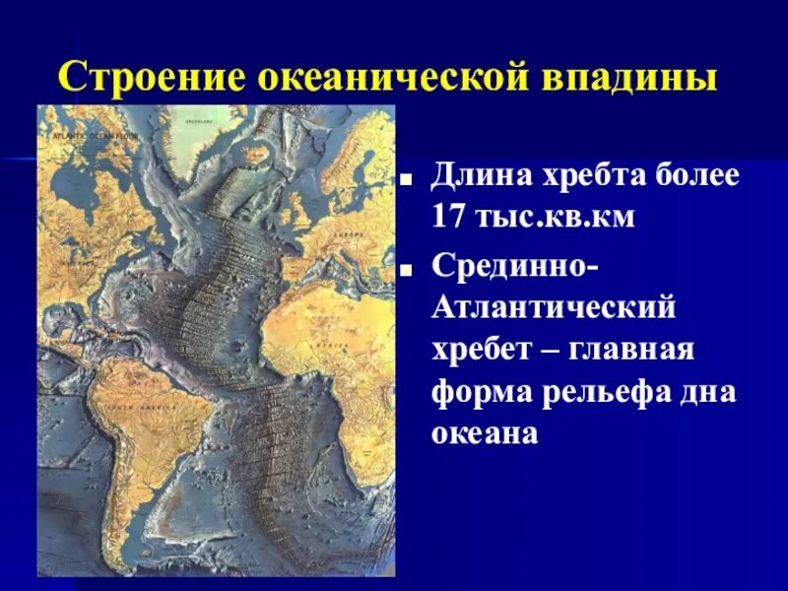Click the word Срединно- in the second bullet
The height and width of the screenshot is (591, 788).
coord(512,265)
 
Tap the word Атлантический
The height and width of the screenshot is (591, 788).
coord(554,307)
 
